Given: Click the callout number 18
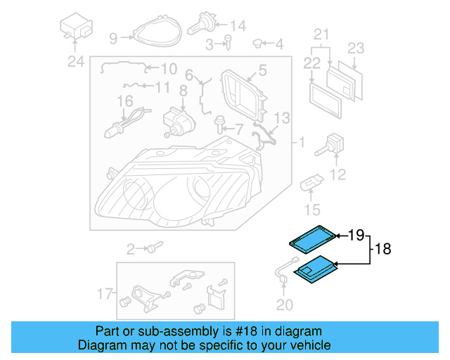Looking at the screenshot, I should (382, 249).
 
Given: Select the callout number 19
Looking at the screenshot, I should (357, 234).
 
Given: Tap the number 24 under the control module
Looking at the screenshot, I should (75, 61).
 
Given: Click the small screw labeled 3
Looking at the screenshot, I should (228, 44).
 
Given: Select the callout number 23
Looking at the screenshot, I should (356, 48).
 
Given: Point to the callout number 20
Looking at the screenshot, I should (283, 304).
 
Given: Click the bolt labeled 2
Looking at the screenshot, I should (153, 247).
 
